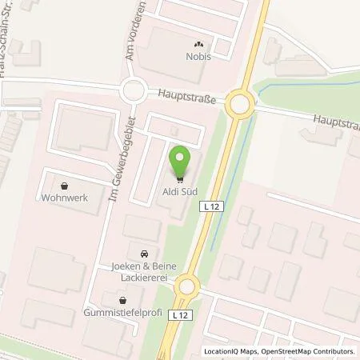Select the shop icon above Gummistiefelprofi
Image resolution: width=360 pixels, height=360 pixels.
pyautogui.click(x=123, y=298)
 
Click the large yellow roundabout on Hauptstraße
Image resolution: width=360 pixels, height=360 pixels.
pyautogui.click(x=240, y=104)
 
